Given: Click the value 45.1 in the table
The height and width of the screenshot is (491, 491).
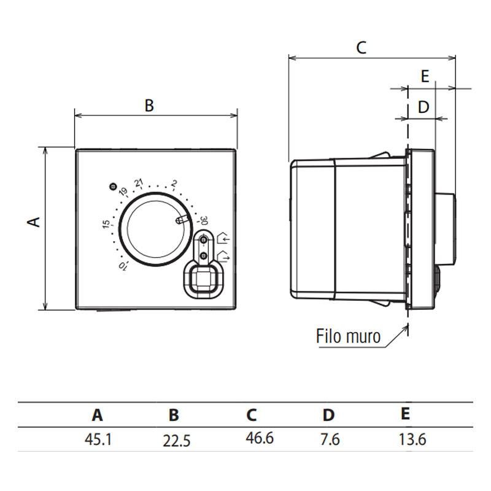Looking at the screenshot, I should pyautogui.click(x=98, y=439).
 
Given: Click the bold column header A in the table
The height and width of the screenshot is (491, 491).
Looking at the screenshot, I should pyautogui.click(x=98, y=416).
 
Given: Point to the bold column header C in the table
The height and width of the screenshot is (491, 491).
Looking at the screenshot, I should pyautogui.click(x=252, y=416).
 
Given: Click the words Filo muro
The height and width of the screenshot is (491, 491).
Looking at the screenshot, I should pyautogui.click(x=348, y=336).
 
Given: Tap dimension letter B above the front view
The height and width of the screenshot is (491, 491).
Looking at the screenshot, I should pyautogui.click(x=149, y=106).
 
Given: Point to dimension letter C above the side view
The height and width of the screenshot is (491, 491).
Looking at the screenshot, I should pyautogui.click(x=361, y=47).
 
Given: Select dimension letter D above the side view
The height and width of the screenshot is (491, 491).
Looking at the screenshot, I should pyautogui.click(x=423, y=107).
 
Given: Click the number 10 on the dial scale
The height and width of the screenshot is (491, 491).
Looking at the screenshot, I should pyautogui.click(x=122, y=266).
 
